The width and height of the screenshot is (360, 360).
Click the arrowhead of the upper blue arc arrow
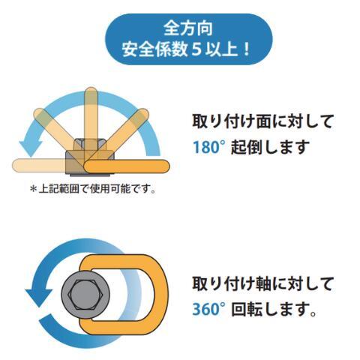coord(30,138)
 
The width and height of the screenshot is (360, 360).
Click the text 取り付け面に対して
coord(262,120)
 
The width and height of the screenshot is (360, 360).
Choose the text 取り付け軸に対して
coord(262,283)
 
